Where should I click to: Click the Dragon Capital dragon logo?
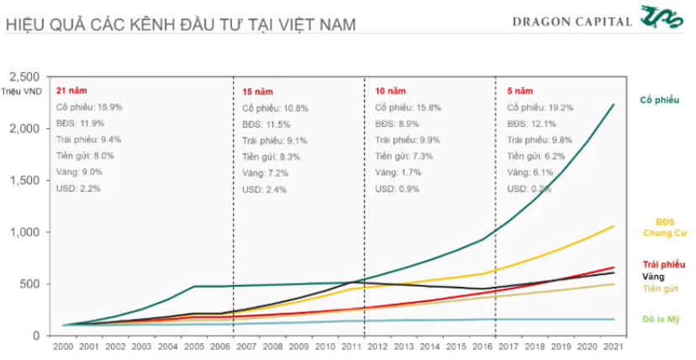click(x=665, y=18)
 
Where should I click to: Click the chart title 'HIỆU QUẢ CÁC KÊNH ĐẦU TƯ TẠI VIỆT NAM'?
click(x=181, y=23)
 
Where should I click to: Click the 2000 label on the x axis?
click(x=63, y=347)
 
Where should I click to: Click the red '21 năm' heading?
click(x=71, y=90)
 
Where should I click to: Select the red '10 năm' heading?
click(x=390, y=90)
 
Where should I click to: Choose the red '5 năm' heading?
click(x=520, y=90)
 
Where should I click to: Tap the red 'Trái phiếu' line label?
click(x=663, y=264)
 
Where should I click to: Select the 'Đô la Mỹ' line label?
click(x=663, y=319)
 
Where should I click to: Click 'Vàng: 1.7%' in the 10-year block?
click(x=400, y=172)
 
